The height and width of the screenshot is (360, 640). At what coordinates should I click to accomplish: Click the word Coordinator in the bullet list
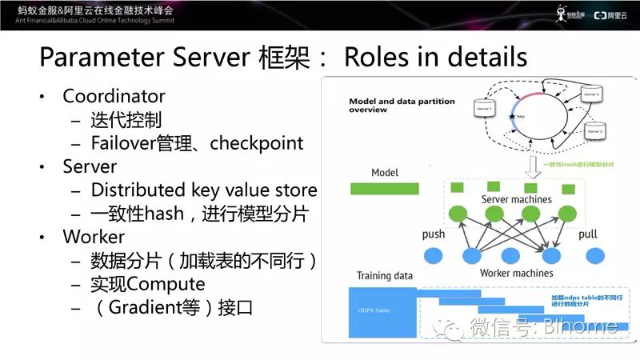coord(114,97)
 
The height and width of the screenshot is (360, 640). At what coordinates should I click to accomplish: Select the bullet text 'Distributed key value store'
coord(204,190)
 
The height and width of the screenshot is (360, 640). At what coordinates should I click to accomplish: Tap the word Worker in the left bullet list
coord(94,238)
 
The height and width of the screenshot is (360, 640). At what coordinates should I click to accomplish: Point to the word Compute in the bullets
coord(166,284)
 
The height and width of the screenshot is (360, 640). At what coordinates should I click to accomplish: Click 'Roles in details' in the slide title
coord(435,57)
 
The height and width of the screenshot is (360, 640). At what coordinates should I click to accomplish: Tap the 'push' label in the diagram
coord(433,234)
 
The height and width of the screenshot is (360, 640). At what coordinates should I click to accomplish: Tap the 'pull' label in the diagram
coord(587,234)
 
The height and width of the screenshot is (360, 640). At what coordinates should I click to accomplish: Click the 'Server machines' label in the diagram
coord(516,198)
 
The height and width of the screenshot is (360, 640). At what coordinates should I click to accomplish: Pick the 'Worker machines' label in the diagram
coord(516,274)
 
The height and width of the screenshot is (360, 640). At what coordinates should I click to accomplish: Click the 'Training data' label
coord(386,276)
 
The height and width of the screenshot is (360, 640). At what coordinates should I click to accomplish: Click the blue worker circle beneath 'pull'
coord(593,256)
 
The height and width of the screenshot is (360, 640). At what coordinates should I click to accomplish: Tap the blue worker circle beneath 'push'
coord(434,256)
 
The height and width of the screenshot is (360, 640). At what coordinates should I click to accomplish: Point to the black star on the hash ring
coord(512,118)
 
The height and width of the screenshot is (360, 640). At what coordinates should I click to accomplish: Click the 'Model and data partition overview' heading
coord(402,106)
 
